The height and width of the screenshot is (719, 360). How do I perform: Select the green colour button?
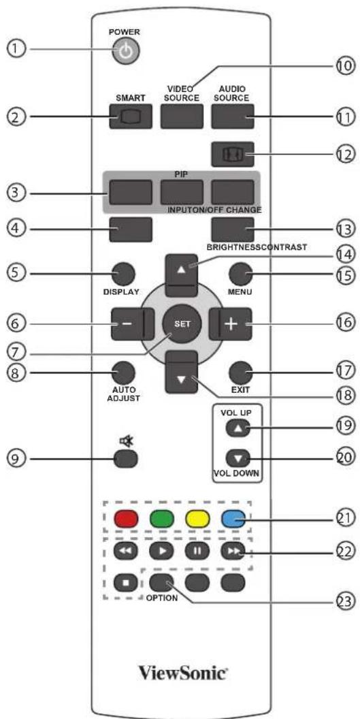click(x=161, y=519)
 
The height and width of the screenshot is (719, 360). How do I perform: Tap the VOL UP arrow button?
click(x=237, y=429)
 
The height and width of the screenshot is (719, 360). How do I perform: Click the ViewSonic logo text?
click(x=183, y=673)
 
